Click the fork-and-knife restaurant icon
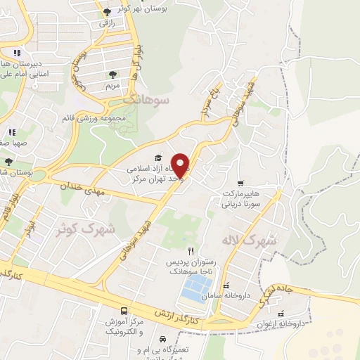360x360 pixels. pos(190,251)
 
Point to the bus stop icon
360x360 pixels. pos(124,311)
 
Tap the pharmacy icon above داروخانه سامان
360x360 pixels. pos(226,285)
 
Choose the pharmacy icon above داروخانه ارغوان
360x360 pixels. pos(281,313)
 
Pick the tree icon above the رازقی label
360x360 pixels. pos(107,12)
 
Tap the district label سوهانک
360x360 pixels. pos(147,100)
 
